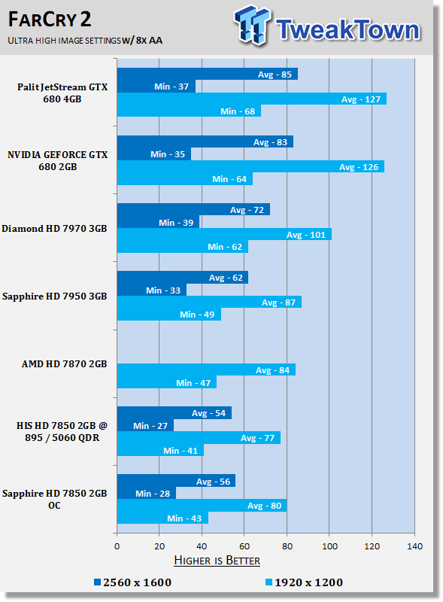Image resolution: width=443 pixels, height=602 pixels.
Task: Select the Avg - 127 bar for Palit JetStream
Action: (251, 99)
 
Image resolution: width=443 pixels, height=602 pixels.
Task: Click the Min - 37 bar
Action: (156, 87)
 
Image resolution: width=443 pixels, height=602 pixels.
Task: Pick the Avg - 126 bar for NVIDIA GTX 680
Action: (250, 167)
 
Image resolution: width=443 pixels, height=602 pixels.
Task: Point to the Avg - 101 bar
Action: (223, 235)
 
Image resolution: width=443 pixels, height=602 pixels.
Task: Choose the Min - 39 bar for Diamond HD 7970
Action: (158, 223)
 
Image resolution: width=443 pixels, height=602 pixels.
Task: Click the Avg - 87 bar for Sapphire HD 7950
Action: (208, 303)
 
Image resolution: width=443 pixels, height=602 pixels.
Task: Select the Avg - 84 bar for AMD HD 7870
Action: (205, 370)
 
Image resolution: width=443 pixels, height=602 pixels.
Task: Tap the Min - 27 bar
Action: (144, 426)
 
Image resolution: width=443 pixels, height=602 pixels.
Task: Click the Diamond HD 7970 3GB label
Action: (54, 228)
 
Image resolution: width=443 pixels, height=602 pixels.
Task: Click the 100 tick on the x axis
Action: (329, 546)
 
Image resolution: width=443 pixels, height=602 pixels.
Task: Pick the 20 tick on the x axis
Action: (159, 546)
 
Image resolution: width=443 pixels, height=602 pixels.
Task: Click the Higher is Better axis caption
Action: (217, 561)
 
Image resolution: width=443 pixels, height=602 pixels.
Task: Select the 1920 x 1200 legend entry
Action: (305, 582)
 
